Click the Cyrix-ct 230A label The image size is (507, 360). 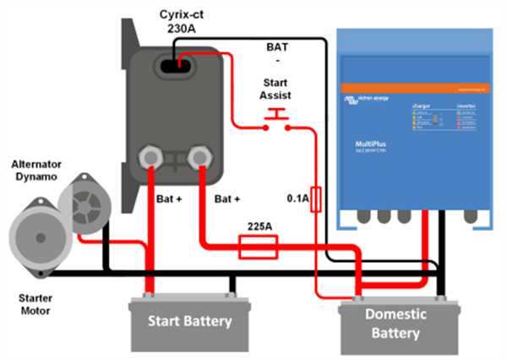point(181,21)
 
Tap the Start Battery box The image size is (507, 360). point(189,321)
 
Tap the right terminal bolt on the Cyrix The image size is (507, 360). point(201,156)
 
